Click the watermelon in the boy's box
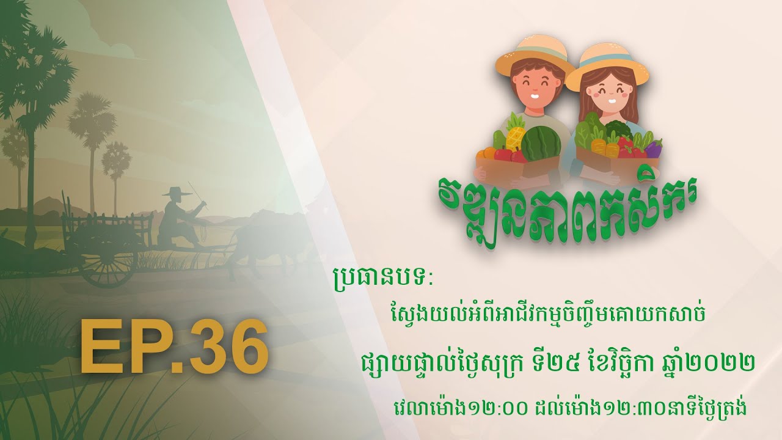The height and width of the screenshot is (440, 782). (x=541, y=144)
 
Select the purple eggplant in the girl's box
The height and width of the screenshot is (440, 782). (x=653, y=148)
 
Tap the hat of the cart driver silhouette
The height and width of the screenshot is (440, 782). (x=177, y=191)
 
